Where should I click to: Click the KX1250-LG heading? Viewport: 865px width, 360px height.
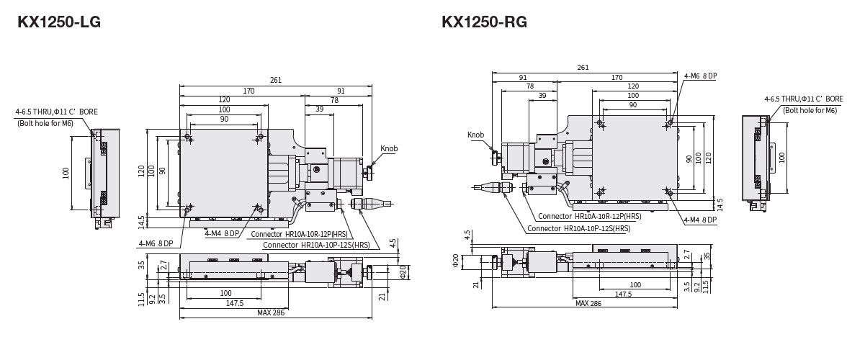(x=59, y=22)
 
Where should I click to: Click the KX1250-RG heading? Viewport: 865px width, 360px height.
(x=484, y=22)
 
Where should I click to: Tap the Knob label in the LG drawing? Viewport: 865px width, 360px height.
(x=389, y=149)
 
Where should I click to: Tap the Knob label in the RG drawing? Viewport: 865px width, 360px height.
(x=475, y=135)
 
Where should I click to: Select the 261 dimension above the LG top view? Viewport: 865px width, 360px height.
(x=276, y=80)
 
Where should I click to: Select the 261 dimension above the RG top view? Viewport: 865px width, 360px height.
(x=583, y=68)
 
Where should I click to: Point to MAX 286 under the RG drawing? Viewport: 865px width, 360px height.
(x=588, y=303)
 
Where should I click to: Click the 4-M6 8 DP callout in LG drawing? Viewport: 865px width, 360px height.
(x=156, y=243)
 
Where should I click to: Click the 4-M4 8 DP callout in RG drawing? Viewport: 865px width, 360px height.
(x=700, y=220)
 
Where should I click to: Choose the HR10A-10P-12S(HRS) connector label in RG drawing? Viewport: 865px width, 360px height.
(x=578, y=228)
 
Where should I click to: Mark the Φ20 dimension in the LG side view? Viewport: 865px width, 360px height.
(x=403, y=271)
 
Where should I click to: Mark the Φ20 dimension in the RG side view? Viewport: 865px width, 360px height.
(x=456, y=259)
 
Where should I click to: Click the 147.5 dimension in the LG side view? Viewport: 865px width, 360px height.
(x=234, y=303)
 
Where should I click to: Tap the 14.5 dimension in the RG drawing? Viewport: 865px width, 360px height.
(x=720, y=204)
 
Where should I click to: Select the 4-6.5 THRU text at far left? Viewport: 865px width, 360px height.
(x=56, y=112)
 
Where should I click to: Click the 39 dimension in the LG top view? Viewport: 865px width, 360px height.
(x=319, y=109)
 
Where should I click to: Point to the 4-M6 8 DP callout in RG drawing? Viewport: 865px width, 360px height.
(x=700, y=76)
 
